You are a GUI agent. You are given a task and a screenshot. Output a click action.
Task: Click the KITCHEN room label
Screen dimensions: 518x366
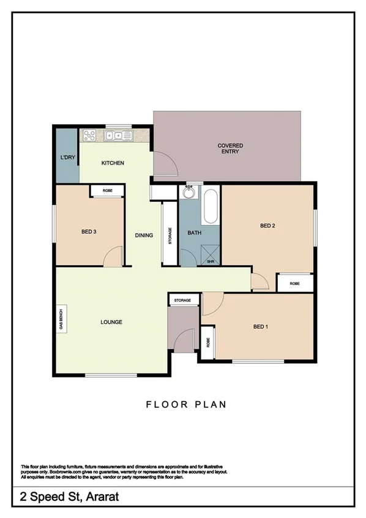click(113, 163)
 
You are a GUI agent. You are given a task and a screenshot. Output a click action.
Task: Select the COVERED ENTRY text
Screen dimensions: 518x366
click(230, 149)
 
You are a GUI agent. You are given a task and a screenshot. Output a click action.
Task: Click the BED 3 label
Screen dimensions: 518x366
click(89, 231)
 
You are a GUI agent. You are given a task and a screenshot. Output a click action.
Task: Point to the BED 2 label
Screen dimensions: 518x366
click(267, 226)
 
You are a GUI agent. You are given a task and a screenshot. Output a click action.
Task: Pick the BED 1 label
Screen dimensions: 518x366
click(260, 327)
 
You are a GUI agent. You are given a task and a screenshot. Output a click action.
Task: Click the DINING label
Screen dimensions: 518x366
click(144, 235)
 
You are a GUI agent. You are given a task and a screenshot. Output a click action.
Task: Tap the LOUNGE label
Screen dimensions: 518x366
click(112, 322)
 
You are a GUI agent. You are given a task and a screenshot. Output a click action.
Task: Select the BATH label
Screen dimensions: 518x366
click(195, 233)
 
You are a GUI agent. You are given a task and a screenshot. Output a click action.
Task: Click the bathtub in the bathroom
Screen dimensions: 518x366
click(210, 207)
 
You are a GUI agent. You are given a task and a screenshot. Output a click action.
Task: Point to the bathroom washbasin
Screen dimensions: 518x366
click(190, 191)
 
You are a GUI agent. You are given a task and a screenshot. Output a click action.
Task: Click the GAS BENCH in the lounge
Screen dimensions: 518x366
click(61, 319)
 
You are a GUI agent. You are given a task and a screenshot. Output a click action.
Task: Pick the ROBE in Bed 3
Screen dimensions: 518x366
click(107, 191)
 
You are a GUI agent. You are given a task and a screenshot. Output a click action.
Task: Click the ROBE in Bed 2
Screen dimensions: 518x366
click(295, 283)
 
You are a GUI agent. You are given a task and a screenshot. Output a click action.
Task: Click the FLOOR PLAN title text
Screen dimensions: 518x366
click(185, 404)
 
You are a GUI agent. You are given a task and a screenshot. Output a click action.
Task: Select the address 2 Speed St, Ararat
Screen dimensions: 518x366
click(61, 498)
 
